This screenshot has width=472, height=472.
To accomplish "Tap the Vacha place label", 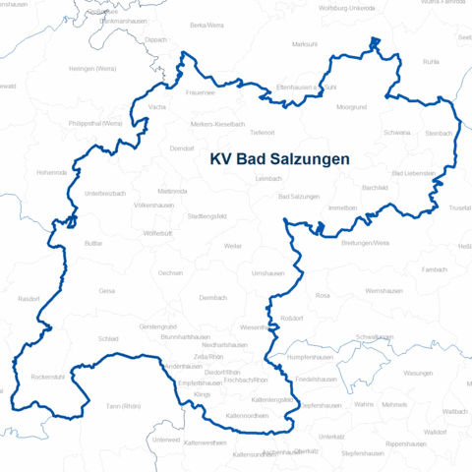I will pos(156,106).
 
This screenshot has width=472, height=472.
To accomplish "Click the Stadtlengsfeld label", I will pos(207,214).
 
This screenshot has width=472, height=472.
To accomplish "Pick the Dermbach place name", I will pos(212,297).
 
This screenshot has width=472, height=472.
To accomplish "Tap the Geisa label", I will pos(108,292).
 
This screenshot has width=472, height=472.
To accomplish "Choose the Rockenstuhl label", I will pos(48,377).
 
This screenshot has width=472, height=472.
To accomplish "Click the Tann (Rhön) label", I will pos(124,406).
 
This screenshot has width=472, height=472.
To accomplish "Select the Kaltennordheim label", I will pos(248,416).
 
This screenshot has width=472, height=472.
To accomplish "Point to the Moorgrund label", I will pos(350,106).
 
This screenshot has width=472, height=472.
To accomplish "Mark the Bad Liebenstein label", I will pos(413,173).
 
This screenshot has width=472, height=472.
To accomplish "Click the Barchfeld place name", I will pos(375,187).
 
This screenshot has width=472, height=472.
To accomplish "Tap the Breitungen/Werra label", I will pos(365,242).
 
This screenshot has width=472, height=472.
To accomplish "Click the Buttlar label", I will pos(93,242).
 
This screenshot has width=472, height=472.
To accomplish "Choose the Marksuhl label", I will pos(306,44).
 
